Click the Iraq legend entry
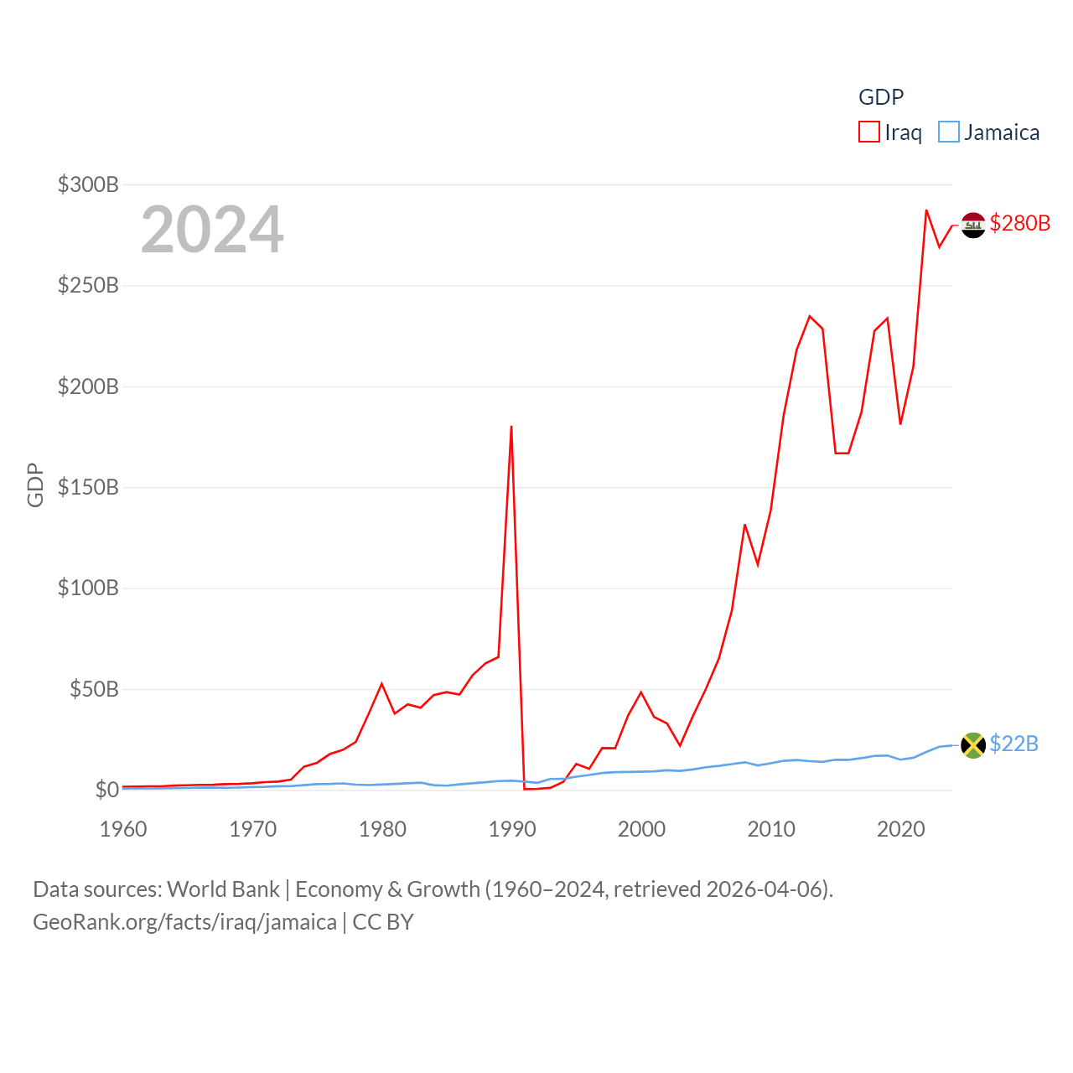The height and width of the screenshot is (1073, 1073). click(890, 132)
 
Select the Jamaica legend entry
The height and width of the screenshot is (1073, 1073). click(989, 132)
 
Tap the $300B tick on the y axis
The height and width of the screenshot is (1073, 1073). click(88, 184)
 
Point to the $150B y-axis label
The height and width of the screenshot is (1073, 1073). click(88, 487)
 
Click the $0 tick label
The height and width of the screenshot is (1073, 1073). click(106, 790)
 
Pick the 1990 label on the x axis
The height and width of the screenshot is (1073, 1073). click(511, 829)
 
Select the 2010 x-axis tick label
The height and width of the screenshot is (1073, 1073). click(770, 829)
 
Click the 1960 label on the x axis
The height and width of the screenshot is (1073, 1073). click(123, 829)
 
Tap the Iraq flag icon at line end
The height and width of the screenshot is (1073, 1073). click(972, 225)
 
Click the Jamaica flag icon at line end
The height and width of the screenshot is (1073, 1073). click(972, 744)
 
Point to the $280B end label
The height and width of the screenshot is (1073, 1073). click(1019, 223)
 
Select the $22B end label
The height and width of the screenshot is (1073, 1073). click(1013, 744)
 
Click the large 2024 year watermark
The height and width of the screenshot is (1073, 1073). click(212, 230)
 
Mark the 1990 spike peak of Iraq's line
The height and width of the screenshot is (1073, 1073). click(511, 427)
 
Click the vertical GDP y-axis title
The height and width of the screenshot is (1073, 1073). click(35, 485)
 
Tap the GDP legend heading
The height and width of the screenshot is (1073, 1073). click(881, 97)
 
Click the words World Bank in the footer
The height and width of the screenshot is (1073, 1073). click(223, 889)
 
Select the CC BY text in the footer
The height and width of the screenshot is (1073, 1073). click(383, 922)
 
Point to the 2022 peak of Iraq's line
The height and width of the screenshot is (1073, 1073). click(926, 210)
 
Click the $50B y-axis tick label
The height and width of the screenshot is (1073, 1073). click(93, 689)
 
